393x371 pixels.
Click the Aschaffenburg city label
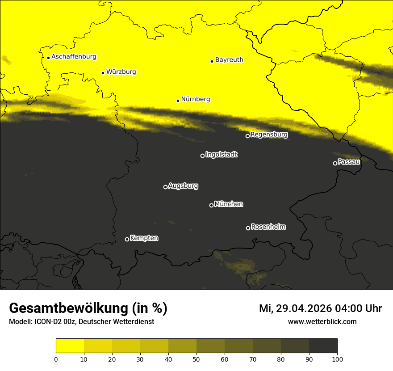pos(74,57)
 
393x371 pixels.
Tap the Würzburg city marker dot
pos(103,73)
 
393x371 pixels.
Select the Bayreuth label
pos(229,59)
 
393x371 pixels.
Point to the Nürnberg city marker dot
pos(178,101)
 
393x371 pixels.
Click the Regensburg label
pos(269,134)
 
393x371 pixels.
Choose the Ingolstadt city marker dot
pos(202,156)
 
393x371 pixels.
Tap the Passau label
pos(349,161)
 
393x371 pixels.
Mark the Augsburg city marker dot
pos(165,187)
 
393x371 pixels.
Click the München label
pos(229,204)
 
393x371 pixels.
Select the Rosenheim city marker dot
pos(248,228)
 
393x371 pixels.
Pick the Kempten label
pos(144,238)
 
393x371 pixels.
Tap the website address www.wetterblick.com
pos(322,321)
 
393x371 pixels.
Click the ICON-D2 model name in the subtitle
pos(46,322)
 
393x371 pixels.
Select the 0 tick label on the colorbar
pos(56,359)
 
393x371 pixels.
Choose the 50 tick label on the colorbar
pos(196,359)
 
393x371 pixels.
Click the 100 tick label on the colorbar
pos(337,359)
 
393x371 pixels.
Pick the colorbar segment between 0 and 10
pos(70,346)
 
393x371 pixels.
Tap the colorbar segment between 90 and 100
pos(323,346)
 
